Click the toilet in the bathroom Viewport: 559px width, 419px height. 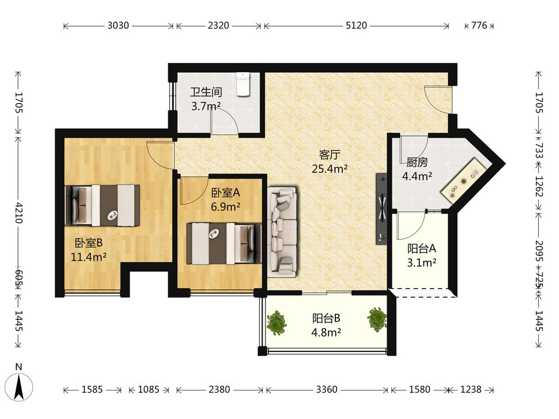tap(243, 84)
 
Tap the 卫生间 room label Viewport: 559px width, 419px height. tap(206, 93)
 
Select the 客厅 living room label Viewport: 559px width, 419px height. tap(330, 155)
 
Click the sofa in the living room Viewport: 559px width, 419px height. tap(282, 232)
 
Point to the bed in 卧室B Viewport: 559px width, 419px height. tap(102, 205)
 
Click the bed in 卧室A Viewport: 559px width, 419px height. tap(224, 244)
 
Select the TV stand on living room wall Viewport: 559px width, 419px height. tap(381, 208)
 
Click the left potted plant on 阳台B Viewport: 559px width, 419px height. tap(277, 322)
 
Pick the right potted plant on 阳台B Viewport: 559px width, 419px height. tap(377, 319)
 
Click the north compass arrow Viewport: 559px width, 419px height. tap(19, 387)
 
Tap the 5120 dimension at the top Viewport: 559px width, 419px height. tap(356, 25)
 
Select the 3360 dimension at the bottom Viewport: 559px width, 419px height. tap(327, 389)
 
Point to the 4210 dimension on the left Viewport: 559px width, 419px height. tap(19, 213)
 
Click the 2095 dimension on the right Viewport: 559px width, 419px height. tap(539, 250)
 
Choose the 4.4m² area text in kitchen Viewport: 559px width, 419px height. tap(417, 176)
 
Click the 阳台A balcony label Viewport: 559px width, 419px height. tap(422, 248)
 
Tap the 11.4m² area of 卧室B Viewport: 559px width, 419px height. tap(89, 257)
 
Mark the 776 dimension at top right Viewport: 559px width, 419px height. tap(479, 25)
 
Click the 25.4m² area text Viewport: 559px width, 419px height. tap(330, 169)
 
